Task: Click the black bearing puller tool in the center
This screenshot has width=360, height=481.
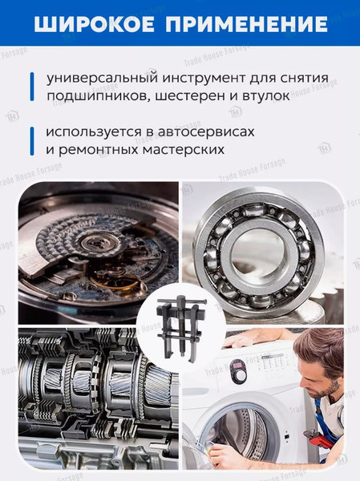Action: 180,321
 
